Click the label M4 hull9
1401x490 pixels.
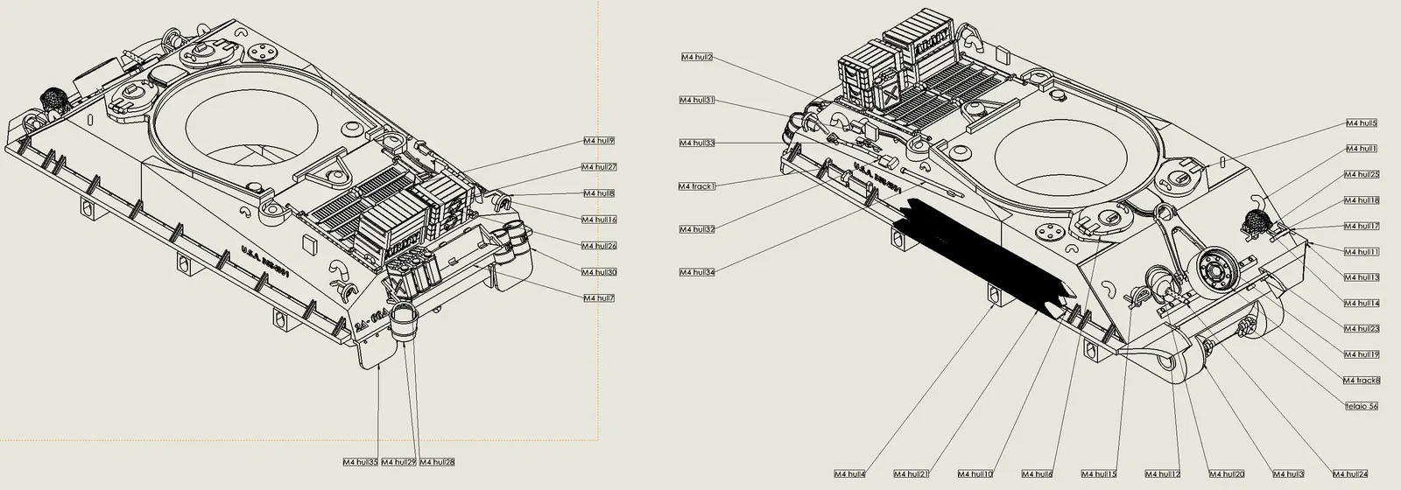coord(599,140)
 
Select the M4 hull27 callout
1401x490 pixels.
coord(600,166)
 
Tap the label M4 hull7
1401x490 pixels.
coord(599,297)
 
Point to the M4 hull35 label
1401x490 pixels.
coord(360,461)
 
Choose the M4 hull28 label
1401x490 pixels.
coord(437,461)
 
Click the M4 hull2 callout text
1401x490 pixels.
coord(697,57)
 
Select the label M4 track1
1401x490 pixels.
coord(697,185)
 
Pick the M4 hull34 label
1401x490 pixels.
coord(697,272)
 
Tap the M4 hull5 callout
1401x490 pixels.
coord(1362,123)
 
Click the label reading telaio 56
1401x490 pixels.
coord(1362,406)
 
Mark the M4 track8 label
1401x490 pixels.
coord(1362,380)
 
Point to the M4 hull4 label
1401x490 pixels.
coord(849,473)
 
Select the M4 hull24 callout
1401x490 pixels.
coord(1350,473)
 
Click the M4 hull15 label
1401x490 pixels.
coord(1099,473)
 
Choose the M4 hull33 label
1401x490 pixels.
coord(697,143)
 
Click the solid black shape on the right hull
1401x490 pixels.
coord(981,254)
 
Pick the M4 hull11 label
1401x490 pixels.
coord(1362,251)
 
